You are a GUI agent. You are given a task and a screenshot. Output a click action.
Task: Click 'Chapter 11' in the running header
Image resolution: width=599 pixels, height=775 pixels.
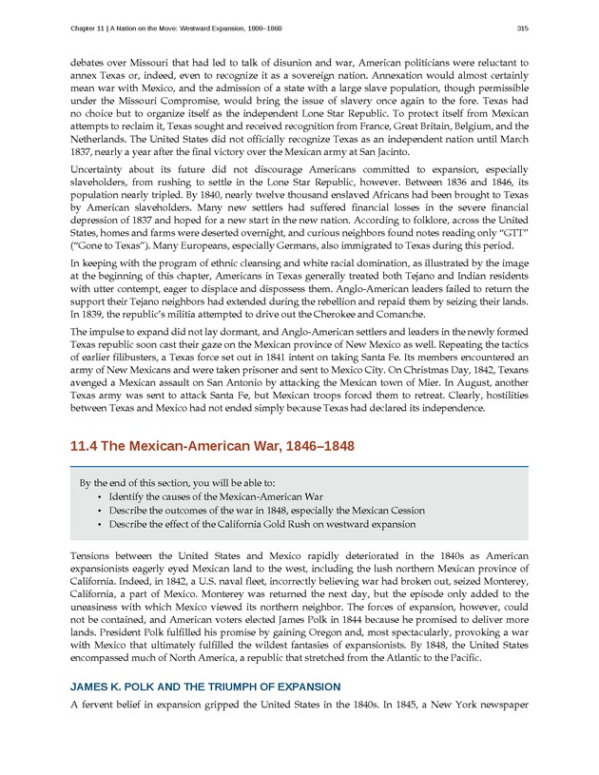click(90, 28)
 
